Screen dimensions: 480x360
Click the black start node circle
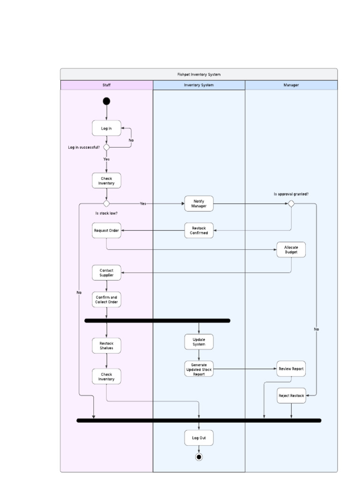[x=106, y=101]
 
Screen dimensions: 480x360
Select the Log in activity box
[x=106, y=128]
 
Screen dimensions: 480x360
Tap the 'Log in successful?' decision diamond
[x=106, y=147]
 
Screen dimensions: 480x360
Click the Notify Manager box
[x=199, y=203]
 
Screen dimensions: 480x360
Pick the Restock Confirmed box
[x=199, y=230]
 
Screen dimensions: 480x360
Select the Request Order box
[x=106, y=230]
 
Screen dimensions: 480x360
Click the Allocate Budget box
[x=291, y=249]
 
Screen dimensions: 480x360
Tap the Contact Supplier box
[x=106, y=272]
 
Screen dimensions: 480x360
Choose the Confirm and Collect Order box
[x=106, y=300]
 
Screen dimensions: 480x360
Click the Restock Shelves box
[x=106, y=345]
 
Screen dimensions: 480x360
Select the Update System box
[x=199, y=342]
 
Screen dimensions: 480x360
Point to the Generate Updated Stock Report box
[x=199, y=369]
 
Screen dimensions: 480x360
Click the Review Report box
[x=291, y=369]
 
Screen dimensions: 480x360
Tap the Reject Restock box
[x=291, y=396]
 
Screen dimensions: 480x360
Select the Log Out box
[x=199, y=438]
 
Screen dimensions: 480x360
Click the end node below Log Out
[x=199, y=457]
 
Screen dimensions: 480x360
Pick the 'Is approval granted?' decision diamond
[x=291, y=203]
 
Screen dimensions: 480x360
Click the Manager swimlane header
[x=291, y=85]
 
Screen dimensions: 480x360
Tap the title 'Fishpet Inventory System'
[x=199, y=74]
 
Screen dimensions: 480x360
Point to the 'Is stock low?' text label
[x=106, y=213]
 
